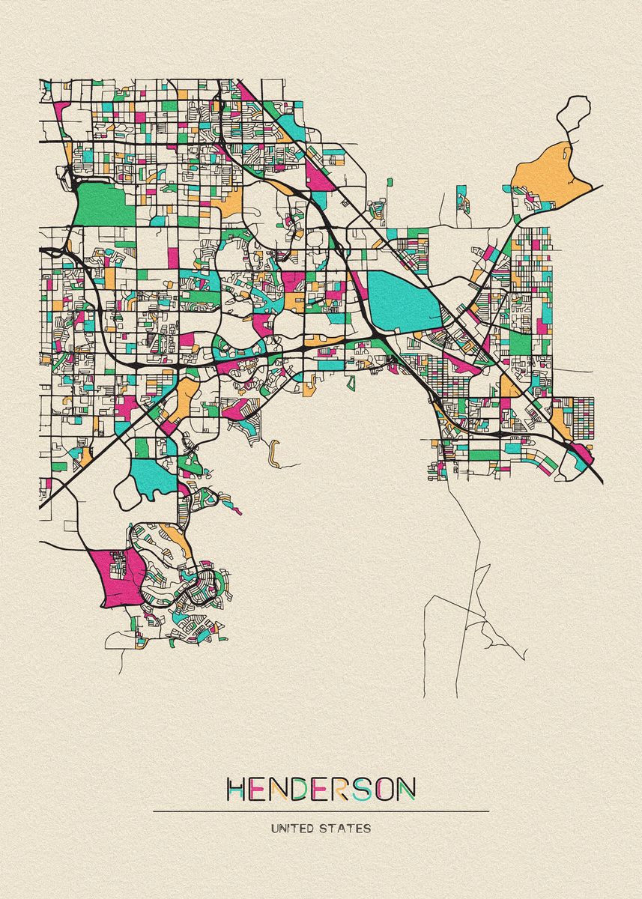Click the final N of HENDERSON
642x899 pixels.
tap(406, 788)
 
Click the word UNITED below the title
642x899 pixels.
tap(294, 829)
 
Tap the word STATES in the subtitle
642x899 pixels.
tap(346, 829)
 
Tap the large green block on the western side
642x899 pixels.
tap(105, 204)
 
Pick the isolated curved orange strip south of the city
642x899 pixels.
tap(275, 455)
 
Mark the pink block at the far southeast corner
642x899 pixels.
tap(581, 452)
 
